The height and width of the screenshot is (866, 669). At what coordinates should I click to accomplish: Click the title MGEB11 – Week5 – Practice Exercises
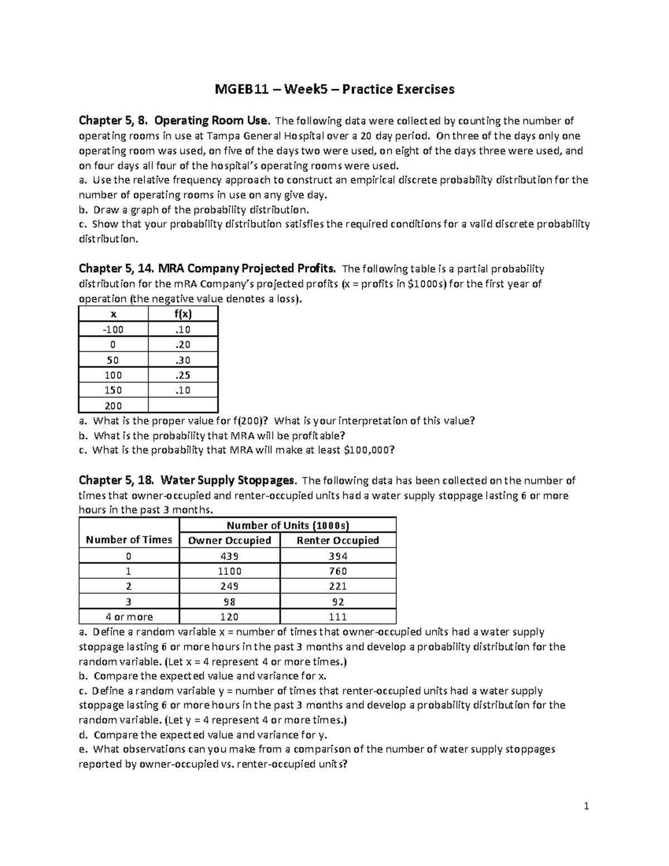tap(334, 89)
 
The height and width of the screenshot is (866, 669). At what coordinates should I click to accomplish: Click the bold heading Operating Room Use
tap(212, 120)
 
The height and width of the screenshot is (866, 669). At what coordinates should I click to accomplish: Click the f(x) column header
tap(183, 314)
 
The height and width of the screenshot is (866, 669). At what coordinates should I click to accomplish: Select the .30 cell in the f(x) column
tap(183, 360)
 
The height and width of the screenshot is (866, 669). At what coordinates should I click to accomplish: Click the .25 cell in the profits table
tap(183, 375)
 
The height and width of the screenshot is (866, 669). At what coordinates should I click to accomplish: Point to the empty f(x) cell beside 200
tap(183, 405)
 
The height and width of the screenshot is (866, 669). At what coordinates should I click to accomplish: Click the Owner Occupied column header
tap(230, 540)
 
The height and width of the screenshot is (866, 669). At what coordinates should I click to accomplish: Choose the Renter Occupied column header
tap(338, 540)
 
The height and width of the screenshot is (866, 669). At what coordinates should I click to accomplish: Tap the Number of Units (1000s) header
tap(288, 525)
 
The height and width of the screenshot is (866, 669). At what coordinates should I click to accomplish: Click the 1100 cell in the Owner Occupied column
tap(230, 571)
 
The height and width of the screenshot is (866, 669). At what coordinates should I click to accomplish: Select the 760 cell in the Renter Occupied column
tap(338, 571)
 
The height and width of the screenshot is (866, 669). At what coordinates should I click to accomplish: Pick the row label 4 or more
tap(129, 617)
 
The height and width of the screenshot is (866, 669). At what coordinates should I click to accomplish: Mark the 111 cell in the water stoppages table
tap(338, 617)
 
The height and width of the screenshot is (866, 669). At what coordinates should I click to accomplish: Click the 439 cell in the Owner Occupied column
tap(230, 556)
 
